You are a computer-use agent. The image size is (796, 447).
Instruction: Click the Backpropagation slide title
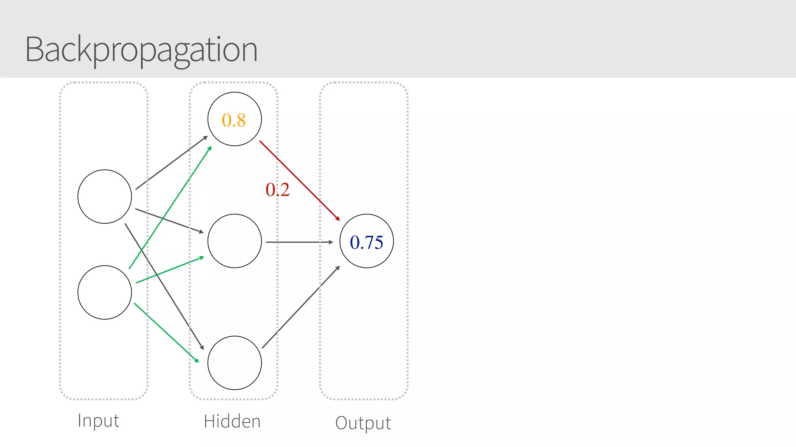pyautogui.click(x=141, y=50)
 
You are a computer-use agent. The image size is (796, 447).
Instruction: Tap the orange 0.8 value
pyautogui.click(x=234, y=120)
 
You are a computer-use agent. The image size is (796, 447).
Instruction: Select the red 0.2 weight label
pyautogui.click(x=278, y=190)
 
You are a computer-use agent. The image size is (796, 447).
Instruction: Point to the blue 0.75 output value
pyautogui.click(x=367, y=242)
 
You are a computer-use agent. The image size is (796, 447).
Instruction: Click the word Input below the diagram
pyautogui.click(x=98, y=421)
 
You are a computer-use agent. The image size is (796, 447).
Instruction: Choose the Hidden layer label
pyautogui.click(x=232, y=421)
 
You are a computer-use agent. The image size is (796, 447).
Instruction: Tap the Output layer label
pyautogui.click(x=363, y=423)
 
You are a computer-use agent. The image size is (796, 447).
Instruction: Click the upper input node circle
pyautogui.click(x=105, y=197)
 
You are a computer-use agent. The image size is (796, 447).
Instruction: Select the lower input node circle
pyautogui.click(x=105, y=292)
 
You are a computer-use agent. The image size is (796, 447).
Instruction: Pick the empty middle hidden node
pyautogui.click(x=234, y=241)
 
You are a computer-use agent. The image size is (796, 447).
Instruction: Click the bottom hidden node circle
pyautogui.click(x=234, y=363)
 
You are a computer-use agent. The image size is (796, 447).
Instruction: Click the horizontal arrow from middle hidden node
pyautogui.click(x=299, y=242)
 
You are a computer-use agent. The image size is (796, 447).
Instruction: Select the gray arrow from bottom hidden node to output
pyautogui.click(x=301, y=307)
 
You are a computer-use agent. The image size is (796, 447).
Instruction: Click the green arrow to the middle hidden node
pyautogui.click(x=170, y=270)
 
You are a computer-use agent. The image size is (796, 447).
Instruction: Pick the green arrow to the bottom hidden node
pyautogui.click(x=166, y=332)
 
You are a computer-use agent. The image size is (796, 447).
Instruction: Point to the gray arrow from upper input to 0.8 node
pyautogui.click(x=171, y=163)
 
